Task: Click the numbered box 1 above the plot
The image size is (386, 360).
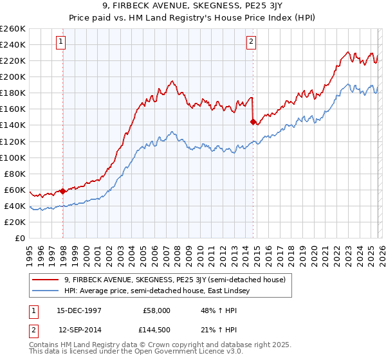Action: (61, 42)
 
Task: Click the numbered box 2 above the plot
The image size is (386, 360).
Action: (251, 42)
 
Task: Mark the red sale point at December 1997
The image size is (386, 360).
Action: (63, 191)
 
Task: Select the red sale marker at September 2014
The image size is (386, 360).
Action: (253, 121)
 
